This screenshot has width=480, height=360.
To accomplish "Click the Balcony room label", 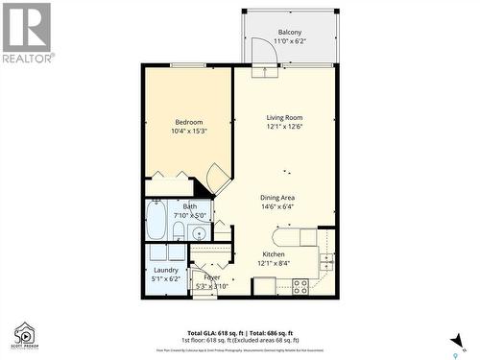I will tap(289, 33).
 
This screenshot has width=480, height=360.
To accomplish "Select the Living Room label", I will tap(285, 117).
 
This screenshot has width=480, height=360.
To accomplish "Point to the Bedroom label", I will tap(188, 122).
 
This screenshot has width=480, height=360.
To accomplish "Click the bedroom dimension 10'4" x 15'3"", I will tap(188, 132).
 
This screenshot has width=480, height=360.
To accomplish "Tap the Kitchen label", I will tap(273, 253).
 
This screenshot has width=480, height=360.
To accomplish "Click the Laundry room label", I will tap(165, 270).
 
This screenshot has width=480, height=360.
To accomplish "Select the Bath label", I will tap(189, 205).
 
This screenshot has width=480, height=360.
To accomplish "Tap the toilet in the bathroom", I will tap(178, 231).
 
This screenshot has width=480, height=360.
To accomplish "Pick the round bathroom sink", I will tap(199, 232).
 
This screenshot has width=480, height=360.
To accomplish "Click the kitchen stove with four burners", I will tap(300, 285).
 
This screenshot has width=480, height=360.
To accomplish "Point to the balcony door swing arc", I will tap(261, 50).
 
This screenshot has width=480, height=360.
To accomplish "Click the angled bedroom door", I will tap(219, 178).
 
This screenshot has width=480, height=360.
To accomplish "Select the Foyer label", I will tap(211, 276).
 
